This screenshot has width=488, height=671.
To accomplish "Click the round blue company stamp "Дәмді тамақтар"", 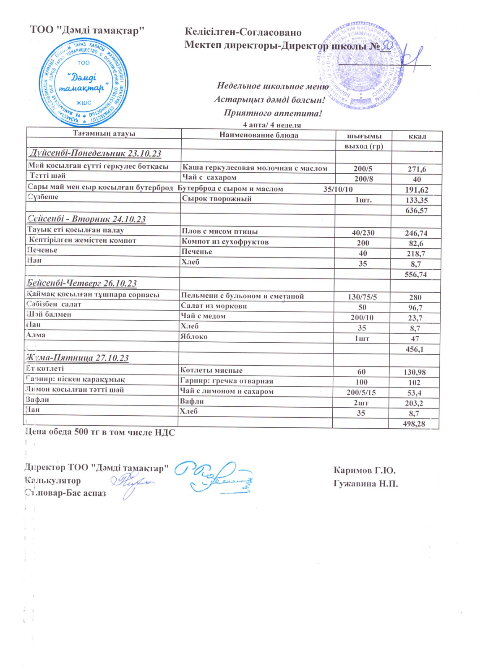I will tap(84, 82).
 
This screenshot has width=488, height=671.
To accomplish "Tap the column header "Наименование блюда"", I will tap(258, 135).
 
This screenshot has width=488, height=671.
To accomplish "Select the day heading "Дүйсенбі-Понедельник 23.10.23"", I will tap(95, 153).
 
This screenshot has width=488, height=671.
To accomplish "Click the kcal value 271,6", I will tap(417, 169).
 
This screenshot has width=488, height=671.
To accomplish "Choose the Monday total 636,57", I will tap(416, 210).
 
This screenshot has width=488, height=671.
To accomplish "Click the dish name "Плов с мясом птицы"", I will tap(219, 231).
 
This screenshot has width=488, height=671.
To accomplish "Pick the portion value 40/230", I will tap(363, 233).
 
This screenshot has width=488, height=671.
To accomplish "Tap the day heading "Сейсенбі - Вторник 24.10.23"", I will tap(87, 219).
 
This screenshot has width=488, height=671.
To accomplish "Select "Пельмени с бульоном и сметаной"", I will tap(242, 296).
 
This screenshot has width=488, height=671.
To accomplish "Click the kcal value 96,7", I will tap(415, 307).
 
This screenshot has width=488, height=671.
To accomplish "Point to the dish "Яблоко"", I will tap(194, 336).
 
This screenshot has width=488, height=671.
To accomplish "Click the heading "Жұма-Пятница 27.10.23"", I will tap(78, 358).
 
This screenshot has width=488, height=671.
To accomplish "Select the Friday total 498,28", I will tap(414, 424).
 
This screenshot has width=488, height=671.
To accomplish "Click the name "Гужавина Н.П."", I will tap(365, 484).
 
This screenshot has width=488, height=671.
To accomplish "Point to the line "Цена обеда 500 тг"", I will tap(100, 432).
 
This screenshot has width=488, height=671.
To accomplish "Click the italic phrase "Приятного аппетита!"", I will tap(273, 113).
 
